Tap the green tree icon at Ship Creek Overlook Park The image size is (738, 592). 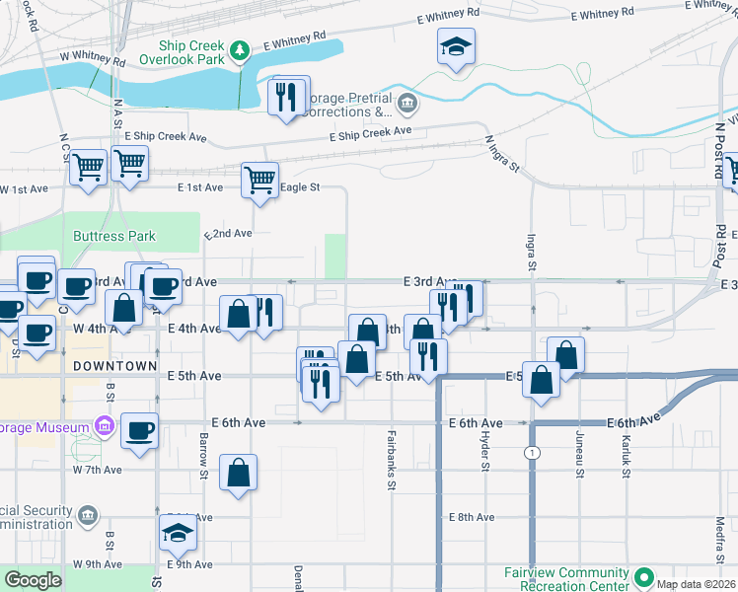coord(238,50)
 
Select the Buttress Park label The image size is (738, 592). coord(113,237)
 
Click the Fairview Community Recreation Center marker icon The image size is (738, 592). coord(644,577)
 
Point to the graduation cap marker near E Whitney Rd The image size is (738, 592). coord(456,47)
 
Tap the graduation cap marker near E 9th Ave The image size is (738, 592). coord(178,533)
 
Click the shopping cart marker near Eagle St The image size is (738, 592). coord(259,181)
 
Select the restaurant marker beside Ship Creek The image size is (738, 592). coord(289,96)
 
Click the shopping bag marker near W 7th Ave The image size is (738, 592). coord(239,473)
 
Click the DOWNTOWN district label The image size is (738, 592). coord(114,366)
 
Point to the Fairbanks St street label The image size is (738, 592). coord(392,459)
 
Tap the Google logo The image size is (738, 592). coord(33,580)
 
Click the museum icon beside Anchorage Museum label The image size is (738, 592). coord(103,426)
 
